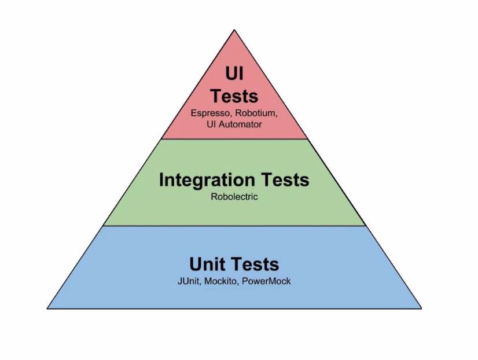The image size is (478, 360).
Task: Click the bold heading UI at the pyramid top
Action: point(234,74)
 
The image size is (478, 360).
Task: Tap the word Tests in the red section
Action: point(234,95)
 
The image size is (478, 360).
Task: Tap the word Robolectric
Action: point(234,197)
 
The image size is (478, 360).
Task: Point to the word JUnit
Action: point(191,281)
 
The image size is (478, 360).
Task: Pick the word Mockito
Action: point(222,281)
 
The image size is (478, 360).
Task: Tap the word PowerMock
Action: point(266,281)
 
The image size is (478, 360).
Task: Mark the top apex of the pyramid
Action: point(234,30)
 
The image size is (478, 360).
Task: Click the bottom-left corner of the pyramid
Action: point(47,308)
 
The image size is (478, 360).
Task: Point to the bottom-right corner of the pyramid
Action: point(421,308)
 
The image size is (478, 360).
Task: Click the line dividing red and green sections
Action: point(234,139)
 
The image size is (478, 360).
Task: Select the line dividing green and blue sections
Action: point(234,226)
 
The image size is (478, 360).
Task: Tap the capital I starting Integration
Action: point(161,179)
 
